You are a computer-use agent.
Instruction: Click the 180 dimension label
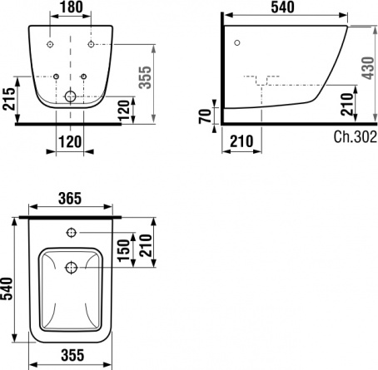click(x=72, y=7)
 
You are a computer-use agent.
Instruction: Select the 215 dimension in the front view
click(x=8, y=99)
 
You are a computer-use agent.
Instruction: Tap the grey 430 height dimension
click(x=368, y=68)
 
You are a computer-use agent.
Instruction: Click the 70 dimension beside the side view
click(x=205, y=116)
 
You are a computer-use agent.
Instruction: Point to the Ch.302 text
click(x=355, y=136)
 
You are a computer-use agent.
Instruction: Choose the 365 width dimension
click(x=70, y=199)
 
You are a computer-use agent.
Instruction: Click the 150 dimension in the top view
click(x=123, y=250)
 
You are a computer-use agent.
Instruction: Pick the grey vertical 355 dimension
click(x=145, y=77)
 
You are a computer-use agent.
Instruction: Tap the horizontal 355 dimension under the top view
click(x=72, y=355)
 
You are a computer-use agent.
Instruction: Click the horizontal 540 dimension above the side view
click(x=283, y=7)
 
